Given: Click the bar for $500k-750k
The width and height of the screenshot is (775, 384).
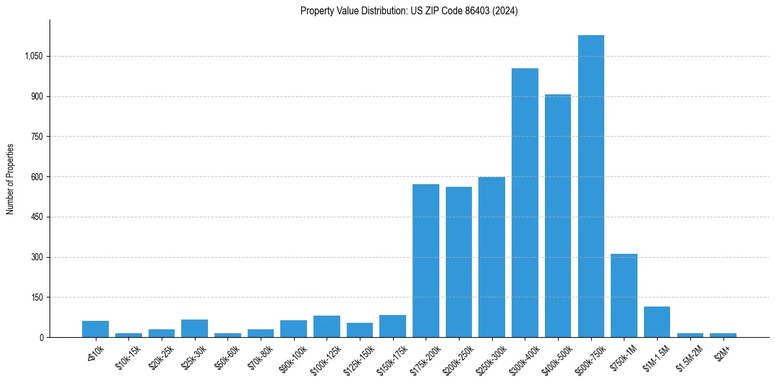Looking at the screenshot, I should (x=591, y=186).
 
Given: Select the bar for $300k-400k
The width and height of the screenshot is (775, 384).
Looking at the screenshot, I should (x=525, y=202).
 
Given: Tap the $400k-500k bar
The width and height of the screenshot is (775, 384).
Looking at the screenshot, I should (x=557, y=215).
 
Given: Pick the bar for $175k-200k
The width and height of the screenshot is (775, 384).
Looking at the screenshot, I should (x=426, y=260).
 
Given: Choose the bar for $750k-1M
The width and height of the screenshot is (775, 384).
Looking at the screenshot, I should (x=624, y=295).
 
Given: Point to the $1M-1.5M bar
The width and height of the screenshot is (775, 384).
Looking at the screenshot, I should (x=657, y=322).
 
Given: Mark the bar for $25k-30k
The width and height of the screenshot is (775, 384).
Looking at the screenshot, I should (x=194, y=328).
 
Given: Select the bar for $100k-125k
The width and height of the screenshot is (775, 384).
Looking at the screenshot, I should (x=327, y=326).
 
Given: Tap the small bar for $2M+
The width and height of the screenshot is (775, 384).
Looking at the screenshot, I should (x=723, y=335).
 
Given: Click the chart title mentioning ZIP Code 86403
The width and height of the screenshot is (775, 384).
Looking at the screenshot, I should (x=409, y=11).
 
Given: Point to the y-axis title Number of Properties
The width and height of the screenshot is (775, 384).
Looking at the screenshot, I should (x=10, y=178).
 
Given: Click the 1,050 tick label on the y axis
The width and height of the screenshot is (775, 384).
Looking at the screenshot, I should (x=33, y=56).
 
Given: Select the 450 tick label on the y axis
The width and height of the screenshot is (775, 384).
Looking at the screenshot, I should (x=37, y=217).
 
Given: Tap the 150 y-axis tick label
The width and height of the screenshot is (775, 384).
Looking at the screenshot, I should (x=37, y=297).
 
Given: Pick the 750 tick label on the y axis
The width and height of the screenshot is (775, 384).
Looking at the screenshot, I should (x=37, y=137).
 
